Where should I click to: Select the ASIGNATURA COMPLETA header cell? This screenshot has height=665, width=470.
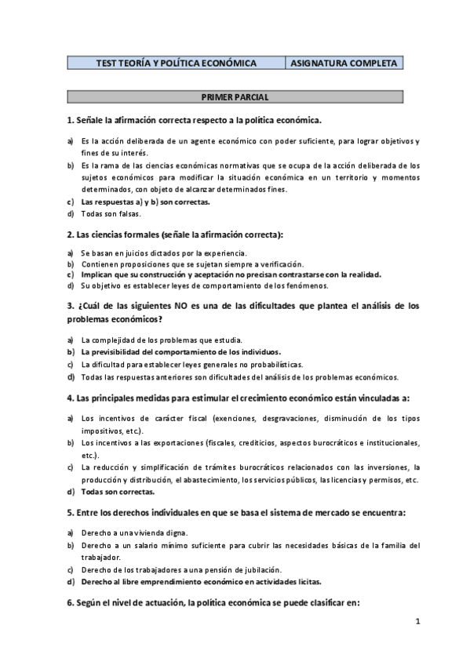click(x=344, y=63)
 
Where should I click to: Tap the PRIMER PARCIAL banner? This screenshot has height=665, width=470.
click(x=235, y=97)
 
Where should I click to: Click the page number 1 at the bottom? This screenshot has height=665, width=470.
click(x=418, y=621)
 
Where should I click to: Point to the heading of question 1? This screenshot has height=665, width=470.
click(x=195, y=119)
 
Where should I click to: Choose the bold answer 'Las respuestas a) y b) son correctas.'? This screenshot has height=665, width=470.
click(x=145, y=202)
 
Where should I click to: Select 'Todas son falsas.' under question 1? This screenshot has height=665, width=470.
click(x=109, y=213)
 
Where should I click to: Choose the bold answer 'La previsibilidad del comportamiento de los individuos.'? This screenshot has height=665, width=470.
click(x=180, y=352)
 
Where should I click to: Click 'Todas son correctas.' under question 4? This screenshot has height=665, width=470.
click(x=118, y=492)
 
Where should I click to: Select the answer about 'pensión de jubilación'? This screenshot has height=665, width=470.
click(x=181, y=569)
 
